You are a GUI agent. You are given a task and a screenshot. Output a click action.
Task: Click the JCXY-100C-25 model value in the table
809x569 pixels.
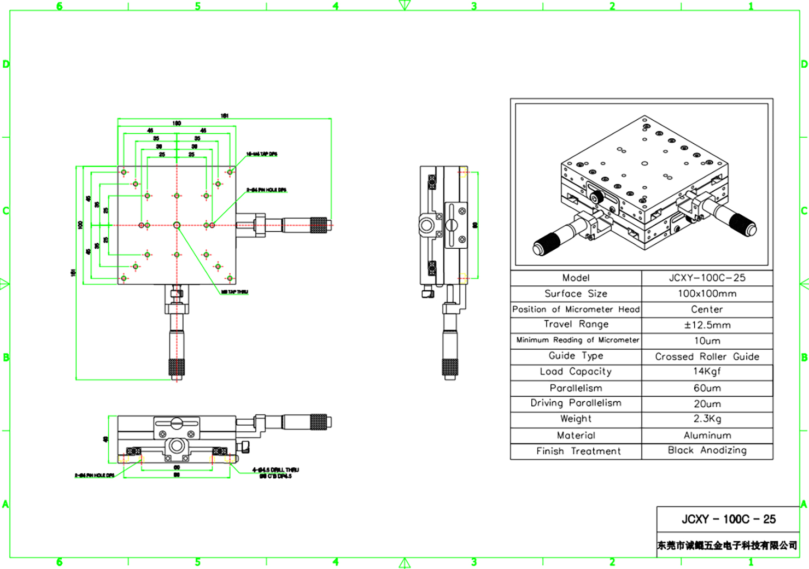coord(707,278)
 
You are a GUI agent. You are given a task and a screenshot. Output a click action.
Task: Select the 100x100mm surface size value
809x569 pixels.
coord(707,294)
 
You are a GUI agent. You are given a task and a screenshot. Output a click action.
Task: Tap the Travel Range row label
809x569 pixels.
coord(576,324)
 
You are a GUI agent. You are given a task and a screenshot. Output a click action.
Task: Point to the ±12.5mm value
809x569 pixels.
coord(707,325)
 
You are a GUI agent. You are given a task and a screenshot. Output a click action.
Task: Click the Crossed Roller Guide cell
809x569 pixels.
coord(707,356)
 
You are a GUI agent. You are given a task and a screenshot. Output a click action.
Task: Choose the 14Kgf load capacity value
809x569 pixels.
coord(707,372)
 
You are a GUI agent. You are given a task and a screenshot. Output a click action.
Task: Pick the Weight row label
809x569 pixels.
coord(576,419)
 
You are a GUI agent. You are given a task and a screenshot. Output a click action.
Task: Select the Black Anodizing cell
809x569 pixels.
coord(707,450)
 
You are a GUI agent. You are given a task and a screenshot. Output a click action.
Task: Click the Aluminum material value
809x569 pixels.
coord(707,435)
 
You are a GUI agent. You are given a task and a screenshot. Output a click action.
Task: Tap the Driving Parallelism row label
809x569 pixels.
coord(576,403)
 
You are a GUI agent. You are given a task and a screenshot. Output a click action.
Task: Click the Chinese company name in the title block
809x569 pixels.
coord(727,545)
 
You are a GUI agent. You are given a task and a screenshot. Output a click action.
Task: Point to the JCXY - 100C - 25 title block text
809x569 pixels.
coord(728,519)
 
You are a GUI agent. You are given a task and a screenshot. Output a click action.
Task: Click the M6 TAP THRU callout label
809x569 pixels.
coord(234,292)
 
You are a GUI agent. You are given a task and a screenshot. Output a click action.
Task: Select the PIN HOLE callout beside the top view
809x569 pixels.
coord(266,190)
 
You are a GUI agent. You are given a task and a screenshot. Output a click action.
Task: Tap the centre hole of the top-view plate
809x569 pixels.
coord(177,225)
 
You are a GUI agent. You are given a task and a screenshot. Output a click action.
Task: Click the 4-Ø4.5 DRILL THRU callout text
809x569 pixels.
coord(275,470)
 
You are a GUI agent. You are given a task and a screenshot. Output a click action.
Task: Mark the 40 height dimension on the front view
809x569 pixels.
coord(106,438)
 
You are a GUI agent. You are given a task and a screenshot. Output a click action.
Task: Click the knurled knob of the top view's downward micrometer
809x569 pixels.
coord(177,367)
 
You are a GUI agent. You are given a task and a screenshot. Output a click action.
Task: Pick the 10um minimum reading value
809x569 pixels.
coord(707,341)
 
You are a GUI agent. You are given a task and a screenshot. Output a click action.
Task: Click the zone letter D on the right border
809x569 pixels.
coord(804,64)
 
